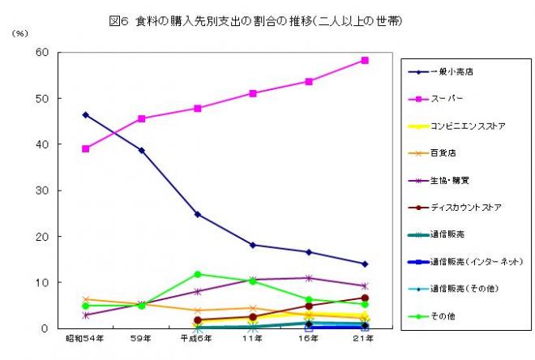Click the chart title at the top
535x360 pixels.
267,20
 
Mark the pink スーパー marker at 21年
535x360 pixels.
365,60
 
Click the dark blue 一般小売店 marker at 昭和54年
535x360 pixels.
85,114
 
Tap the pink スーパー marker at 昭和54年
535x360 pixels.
85,148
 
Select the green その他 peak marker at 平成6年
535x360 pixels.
197,274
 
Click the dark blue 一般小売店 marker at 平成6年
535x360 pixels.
197,214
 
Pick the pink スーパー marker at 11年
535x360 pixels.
253,93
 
